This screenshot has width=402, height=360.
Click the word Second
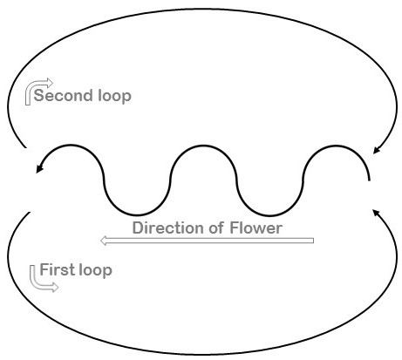[63, 95]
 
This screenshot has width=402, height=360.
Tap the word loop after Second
[114, 96]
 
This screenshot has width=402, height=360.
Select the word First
[58, 269]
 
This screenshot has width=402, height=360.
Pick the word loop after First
[96, 270]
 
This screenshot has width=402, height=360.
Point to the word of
[218, 228]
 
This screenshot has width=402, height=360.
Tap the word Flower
[256, 228]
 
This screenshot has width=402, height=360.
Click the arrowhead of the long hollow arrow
[103, 241]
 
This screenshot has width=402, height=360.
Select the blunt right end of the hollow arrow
[313, 241]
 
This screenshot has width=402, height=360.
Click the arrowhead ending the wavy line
[39, 168]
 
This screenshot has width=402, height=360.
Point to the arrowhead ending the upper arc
[377, 150]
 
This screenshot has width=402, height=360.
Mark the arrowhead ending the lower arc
[377, 213]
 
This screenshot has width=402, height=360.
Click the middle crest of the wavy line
[203, 146]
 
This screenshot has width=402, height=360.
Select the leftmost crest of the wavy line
[71, 146]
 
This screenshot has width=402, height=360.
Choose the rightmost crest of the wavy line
[336, 146]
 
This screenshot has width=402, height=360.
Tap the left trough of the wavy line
[137, 215]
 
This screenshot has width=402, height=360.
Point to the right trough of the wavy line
[269, 215]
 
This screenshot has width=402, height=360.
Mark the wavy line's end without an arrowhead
[369, 180]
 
